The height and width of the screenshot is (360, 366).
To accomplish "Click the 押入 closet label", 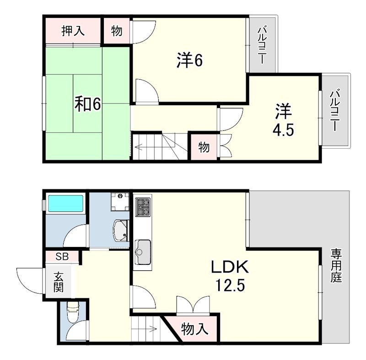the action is (x=73, y=31).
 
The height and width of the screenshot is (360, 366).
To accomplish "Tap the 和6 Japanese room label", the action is (x=87, y=104).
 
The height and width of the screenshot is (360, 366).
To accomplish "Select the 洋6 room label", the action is (x=189, y=60).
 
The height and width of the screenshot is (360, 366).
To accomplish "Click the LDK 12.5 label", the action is (x=230, y=275).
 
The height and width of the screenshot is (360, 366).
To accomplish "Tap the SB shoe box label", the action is (x=62, y=257).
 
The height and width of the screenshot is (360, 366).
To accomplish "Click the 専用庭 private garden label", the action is (x=336, y=266).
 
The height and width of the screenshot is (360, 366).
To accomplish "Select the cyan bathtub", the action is (x=65, y=204).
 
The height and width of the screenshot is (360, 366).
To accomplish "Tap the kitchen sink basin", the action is (x=143, y=252).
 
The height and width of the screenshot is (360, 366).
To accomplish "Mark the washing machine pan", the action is (x=120, y=201).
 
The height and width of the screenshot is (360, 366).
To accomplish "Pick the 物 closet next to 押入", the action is (x=117, y=31).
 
